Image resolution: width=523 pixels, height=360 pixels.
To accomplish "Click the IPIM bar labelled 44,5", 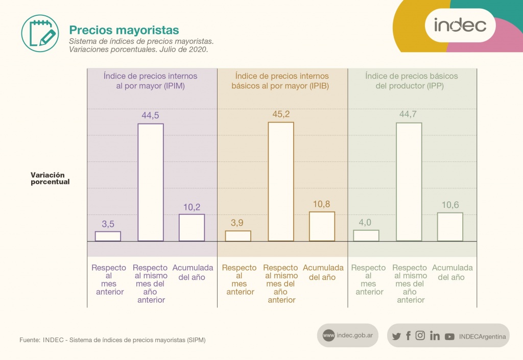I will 151,182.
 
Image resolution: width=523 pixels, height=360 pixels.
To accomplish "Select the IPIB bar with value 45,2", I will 281,181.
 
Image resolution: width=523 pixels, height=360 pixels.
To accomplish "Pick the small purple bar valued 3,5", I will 108,236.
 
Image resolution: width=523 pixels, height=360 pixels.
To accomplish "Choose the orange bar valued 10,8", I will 322,226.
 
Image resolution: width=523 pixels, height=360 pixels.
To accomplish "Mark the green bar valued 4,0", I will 366,235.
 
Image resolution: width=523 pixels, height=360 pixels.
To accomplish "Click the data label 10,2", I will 192,207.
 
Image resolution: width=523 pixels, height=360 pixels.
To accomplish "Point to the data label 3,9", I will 237,223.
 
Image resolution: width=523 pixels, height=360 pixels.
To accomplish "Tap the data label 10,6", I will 450,205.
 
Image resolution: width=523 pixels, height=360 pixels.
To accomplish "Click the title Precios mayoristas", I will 124,30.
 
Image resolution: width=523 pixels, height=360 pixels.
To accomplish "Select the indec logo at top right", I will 460,25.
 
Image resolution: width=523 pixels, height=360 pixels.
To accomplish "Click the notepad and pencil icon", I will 40,33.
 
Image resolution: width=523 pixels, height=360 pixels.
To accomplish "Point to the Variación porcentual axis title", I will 50,178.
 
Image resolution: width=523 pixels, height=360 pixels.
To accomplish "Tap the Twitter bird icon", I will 396,336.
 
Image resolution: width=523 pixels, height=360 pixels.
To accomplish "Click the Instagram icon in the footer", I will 420,335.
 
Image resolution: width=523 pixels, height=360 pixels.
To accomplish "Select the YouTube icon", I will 449,337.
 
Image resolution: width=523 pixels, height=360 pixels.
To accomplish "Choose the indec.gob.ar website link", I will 348,335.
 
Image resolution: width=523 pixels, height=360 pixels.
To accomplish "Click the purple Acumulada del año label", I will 193,272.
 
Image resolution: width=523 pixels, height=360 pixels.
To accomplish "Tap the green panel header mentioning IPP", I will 412,81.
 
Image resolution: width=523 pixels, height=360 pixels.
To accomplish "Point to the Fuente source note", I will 112,340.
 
